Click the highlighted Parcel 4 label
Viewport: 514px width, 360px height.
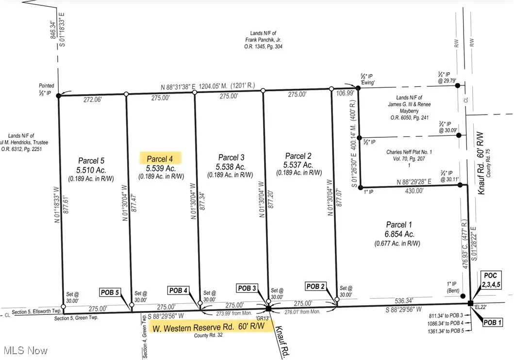(x=160, y=159)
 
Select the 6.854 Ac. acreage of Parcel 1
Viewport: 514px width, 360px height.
(x=399, y=234)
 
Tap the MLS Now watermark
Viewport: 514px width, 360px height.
(x=25, y=350)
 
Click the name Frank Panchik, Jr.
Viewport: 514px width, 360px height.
(x=264, y=40)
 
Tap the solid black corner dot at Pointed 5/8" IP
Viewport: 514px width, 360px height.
(x=59, y=96)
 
